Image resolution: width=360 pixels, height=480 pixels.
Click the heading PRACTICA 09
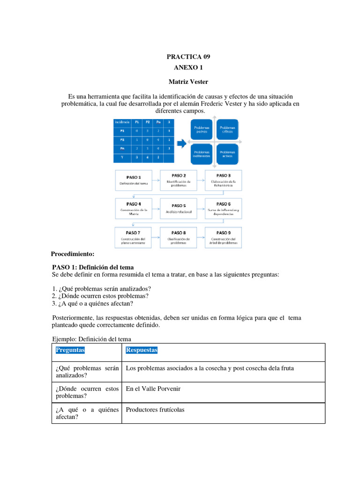[188, 57]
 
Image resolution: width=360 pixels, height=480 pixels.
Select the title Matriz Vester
[188, 82]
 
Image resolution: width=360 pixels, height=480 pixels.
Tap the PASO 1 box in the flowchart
[134, 180]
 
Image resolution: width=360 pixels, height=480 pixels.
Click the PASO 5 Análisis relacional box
[179, 208]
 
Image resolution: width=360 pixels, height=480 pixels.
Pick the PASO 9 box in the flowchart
[223, 237]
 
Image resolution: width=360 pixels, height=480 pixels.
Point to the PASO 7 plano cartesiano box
[134, 237]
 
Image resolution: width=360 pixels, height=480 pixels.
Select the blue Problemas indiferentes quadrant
[202, 154]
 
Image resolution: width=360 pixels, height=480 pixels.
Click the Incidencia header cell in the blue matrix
[121, 122]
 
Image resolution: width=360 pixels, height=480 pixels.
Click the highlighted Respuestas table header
[142, 350]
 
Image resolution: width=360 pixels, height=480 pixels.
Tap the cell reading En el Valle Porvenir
[153, 389]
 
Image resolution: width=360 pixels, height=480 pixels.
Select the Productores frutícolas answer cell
[155, 410]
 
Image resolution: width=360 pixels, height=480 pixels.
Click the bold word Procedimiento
[73, 254]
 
